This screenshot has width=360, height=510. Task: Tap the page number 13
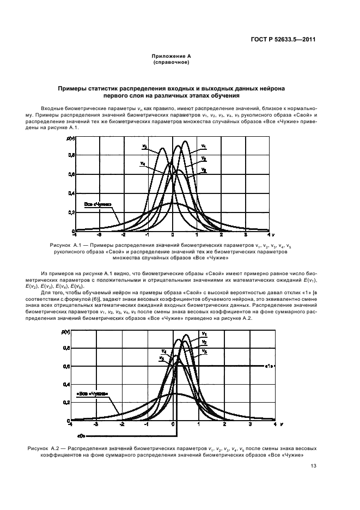pyautogui.click(x=314, y=465)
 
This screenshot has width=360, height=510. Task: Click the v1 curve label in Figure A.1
pyautogui.click(x=203, y=146)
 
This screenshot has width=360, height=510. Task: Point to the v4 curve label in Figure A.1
pyautogui.click(x=142, y=163)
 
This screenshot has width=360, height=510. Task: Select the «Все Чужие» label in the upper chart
pyautogui.click(x=98, y=205)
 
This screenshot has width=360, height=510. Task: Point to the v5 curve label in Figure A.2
pyautogui.click(x=162, y=358)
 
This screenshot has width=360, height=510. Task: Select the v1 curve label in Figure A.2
pyautogui.click(x=204, y=334)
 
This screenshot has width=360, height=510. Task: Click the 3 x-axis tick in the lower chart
pyautogui.click(x=250, y=423)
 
